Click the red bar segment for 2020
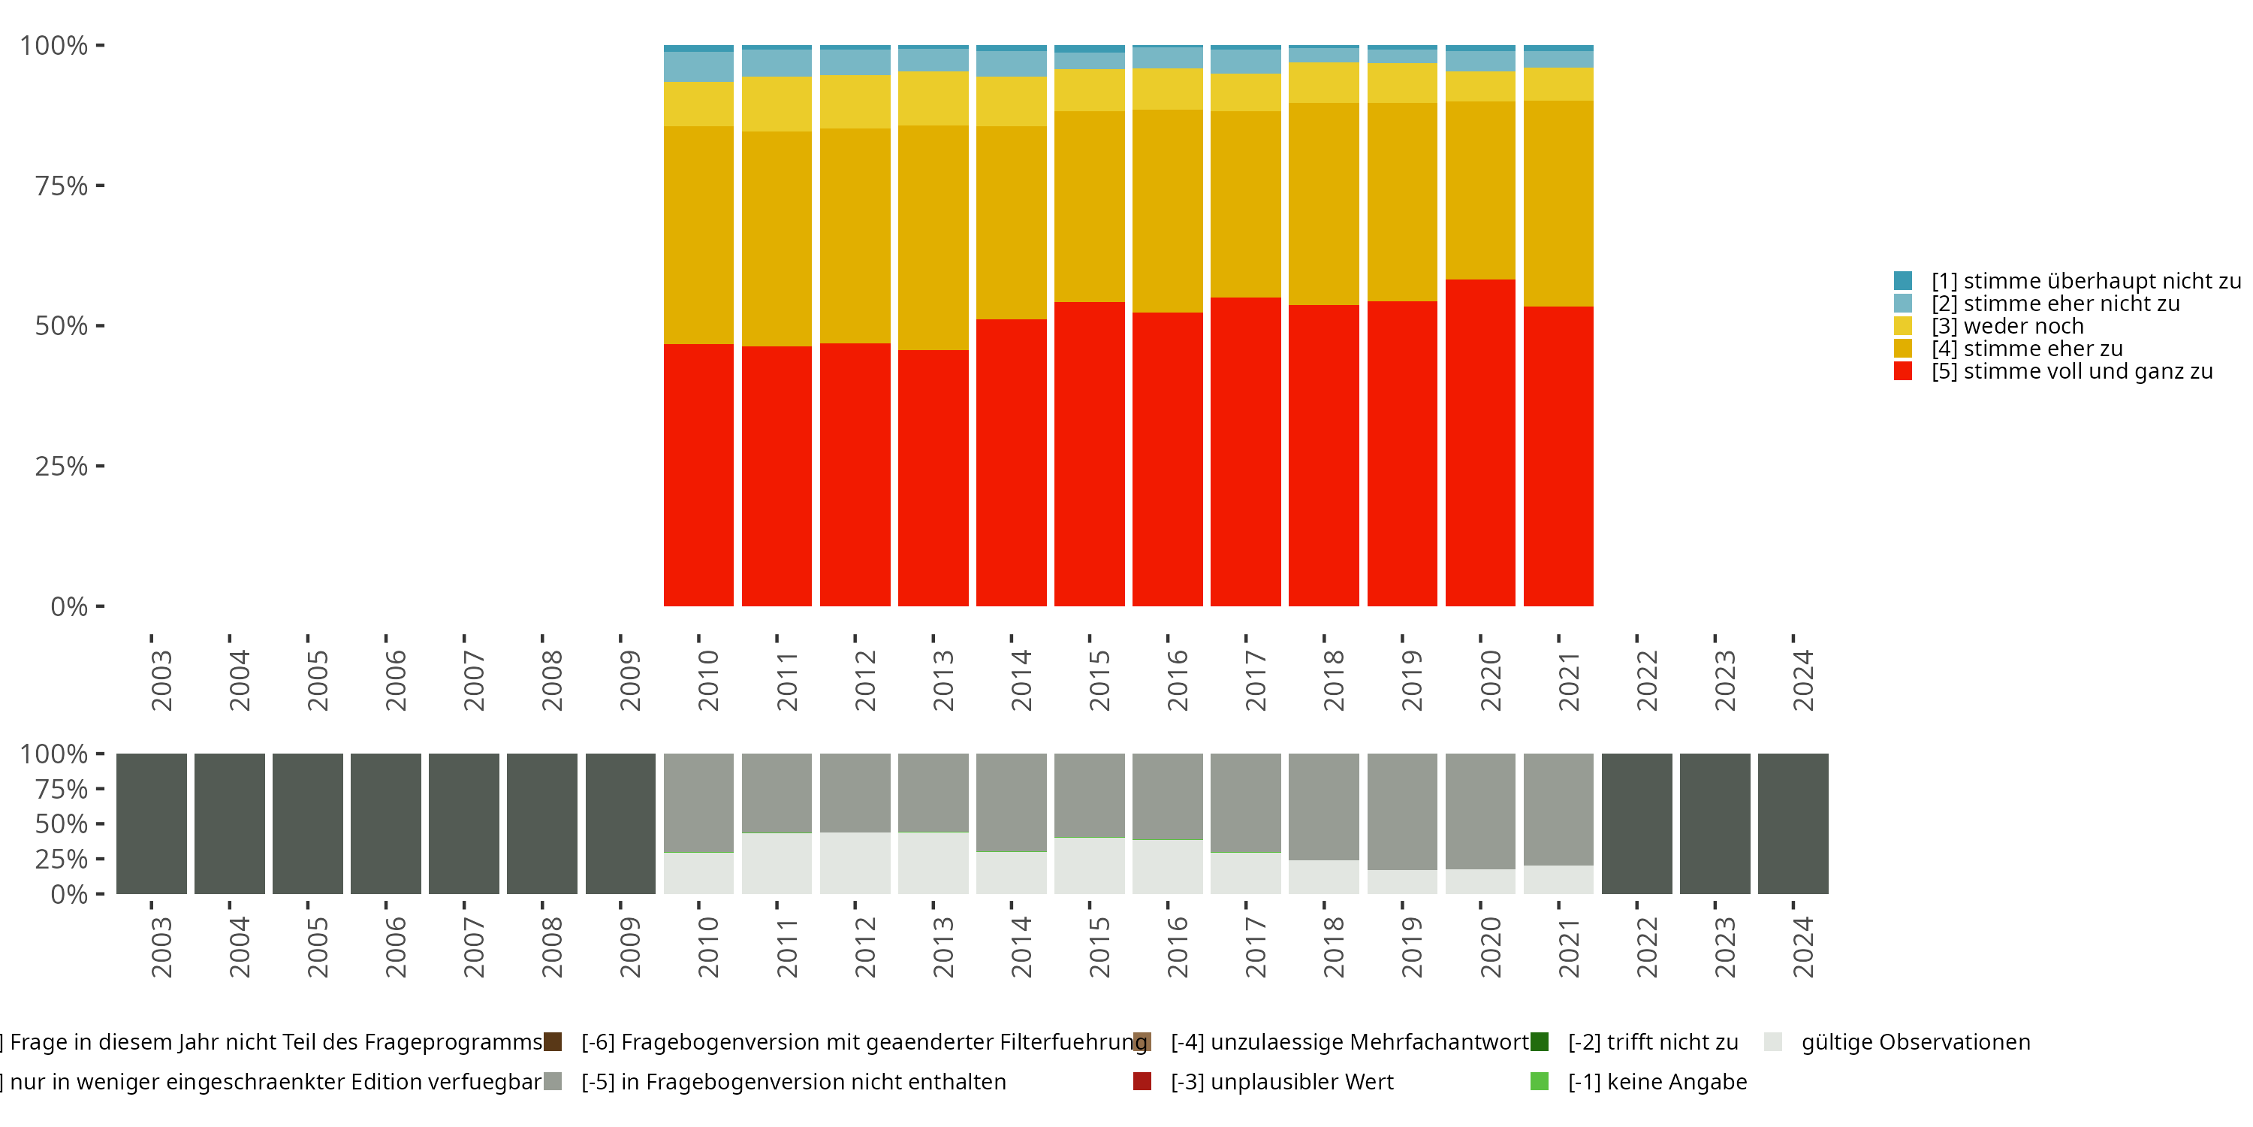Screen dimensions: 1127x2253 point(1479,442)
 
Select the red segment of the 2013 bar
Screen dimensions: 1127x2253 point(933,478)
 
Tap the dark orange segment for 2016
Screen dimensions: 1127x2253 point(1168,211)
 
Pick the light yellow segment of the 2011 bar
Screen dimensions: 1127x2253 point(777,104)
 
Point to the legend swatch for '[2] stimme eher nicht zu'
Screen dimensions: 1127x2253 point(1902,304)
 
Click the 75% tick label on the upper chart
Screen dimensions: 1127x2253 point(62,186)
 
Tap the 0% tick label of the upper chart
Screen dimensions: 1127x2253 point(69,606)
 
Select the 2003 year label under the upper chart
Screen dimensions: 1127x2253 point(161,680)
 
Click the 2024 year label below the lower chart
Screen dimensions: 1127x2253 point(1802,947)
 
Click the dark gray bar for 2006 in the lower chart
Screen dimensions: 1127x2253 point(386,823)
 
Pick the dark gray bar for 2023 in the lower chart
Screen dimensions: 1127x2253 point(1715,823)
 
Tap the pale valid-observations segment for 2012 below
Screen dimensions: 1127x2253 point(855,863)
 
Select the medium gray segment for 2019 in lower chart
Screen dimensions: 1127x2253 point(1402,811)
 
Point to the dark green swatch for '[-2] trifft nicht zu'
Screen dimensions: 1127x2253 point(1540,1042)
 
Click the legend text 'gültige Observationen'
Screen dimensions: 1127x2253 point(1915,1042)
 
